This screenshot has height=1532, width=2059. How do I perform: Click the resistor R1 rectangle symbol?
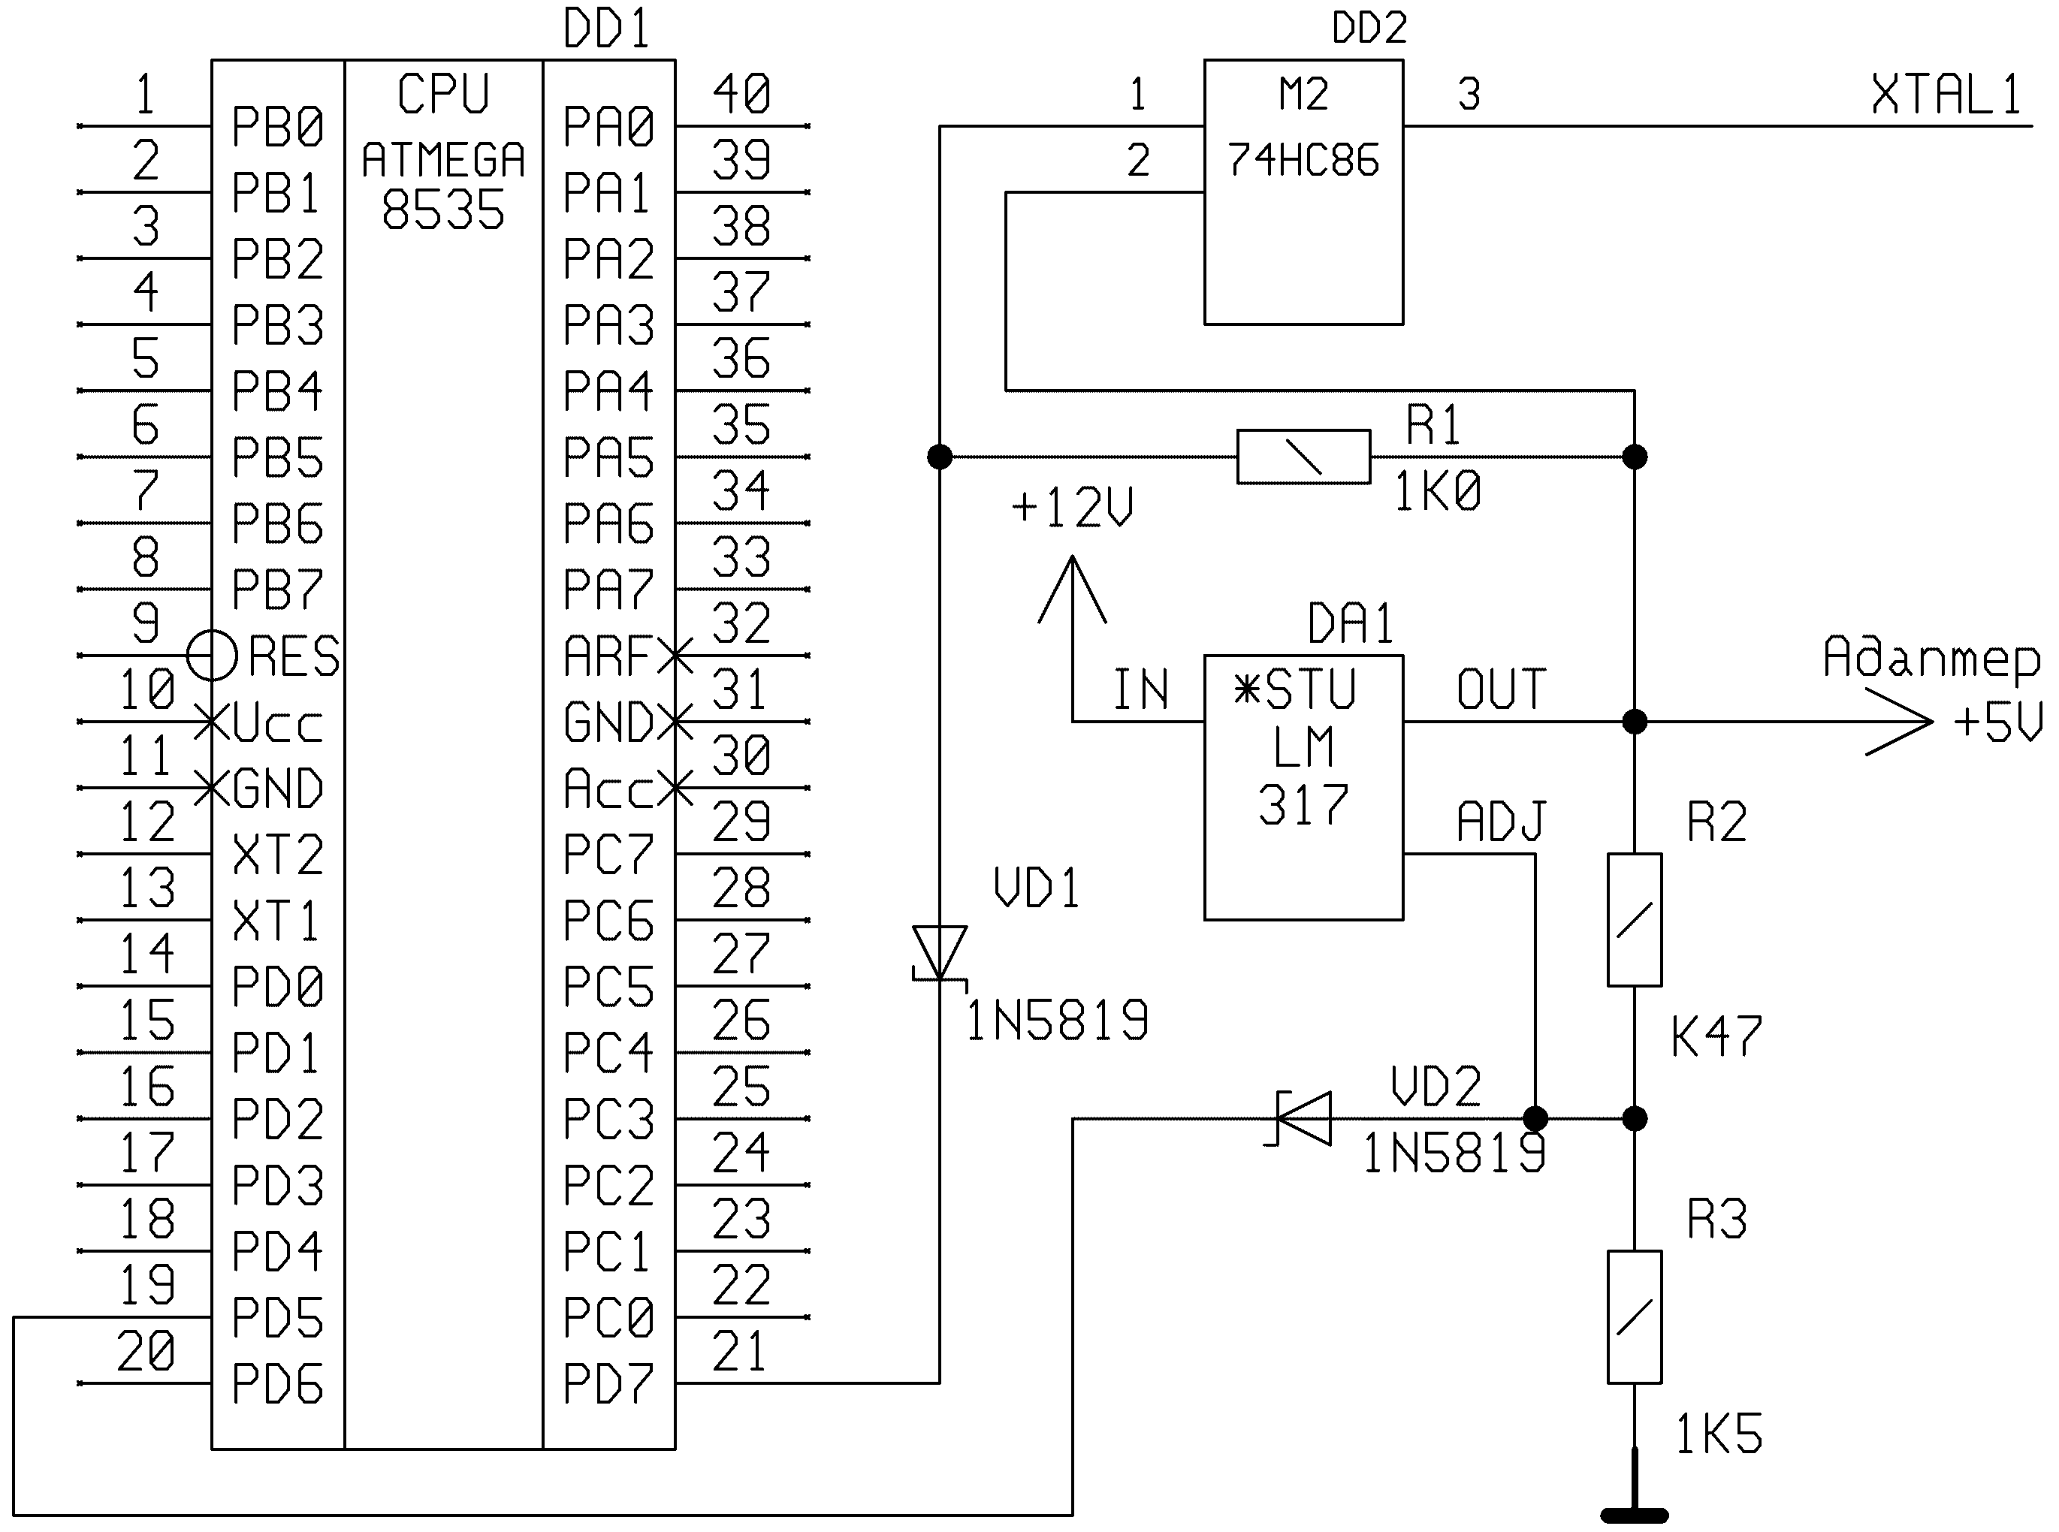[x=1303, y=457]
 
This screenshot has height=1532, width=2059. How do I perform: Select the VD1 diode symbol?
[x=940, y=953]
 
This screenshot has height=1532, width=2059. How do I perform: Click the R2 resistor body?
[x=1635, y=919]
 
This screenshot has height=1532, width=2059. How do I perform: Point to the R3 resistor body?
[x=1635, y=1317]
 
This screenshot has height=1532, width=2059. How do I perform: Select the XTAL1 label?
[x=1946, y=95]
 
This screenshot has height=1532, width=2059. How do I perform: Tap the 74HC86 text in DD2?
[x=1303, y=161]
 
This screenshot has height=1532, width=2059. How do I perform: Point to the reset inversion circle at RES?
[x=213, y=656]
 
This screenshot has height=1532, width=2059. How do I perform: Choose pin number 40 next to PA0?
[x=741, y=94]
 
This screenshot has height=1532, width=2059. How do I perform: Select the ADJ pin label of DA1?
[x=1501, y=821]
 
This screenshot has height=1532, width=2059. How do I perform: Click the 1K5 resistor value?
[x=1718, y=1434]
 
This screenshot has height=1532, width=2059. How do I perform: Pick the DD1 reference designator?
[x=606, y=28]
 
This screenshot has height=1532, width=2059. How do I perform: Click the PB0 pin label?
[x=276, y=127]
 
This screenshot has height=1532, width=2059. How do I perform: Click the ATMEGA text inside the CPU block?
[x=443, y=161]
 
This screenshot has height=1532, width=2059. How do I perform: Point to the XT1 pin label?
[x=276, y=921]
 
